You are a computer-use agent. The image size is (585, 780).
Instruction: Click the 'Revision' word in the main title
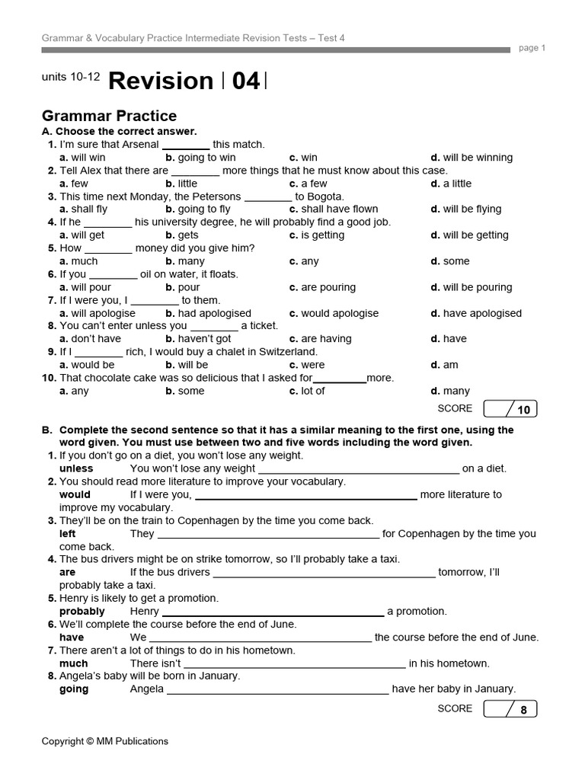161,81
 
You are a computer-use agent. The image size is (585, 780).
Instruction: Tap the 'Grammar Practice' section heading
109,116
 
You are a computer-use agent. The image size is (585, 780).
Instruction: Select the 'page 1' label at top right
532,48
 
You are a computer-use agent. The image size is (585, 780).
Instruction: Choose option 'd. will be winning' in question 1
472,158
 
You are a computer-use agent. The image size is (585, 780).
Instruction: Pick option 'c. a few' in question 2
308,184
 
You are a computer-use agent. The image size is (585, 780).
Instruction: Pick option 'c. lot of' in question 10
307,391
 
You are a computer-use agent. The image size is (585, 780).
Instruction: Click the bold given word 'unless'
76,468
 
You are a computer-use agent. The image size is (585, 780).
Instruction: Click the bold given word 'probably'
82,611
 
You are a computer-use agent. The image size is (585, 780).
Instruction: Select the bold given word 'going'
74,689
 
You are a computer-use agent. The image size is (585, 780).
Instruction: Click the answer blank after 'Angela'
277,690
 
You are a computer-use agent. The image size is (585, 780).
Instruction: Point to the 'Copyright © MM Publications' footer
105,741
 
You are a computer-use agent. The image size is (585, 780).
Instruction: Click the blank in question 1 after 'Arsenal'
186,145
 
